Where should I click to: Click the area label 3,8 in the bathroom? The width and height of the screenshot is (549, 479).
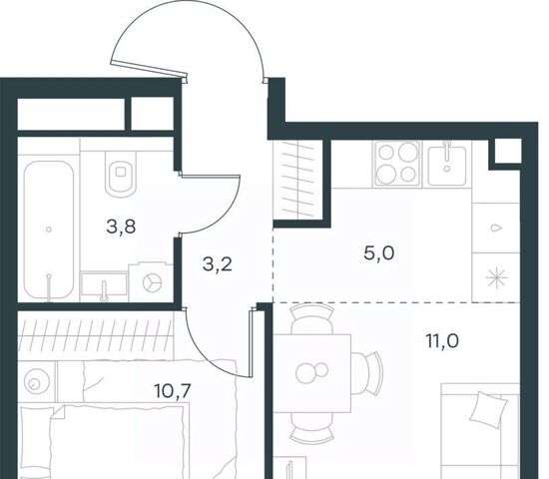tap(121, 228)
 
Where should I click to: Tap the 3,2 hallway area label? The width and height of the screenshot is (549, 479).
tap(218, 264)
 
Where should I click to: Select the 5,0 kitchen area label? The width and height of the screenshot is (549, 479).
tap(379, 252)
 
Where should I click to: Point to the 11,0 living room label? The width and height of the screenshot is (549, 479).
tap(442, 340)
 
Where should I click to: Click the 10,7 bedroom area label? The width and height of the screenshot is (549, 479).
tap(173, 391)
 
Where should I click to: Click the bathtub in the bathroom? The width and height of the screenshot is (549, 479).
tap(49, 231)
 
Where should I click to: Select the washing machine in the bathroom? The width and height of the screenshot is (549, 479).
tap(152, 281)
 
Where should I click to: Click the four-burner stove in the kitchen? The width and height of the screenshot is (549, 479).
tap(397, 164)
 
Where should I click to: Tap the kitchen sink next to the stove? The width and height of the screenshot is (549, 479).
tap(447, 164)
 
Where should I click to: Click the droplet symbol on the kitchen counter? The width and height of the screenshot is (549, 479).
tap(496, 228)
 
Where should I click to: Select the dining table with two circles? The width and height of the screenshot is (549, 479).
tap(312, 373)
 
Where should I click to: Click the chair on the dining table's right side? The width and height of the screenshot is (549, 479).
tap(367, 372)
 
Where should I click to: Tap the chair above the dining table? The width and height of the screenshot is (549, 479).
tap(311, 318)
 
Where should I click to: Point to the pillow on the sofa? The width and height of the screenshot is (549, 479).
tap(489, 410)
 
